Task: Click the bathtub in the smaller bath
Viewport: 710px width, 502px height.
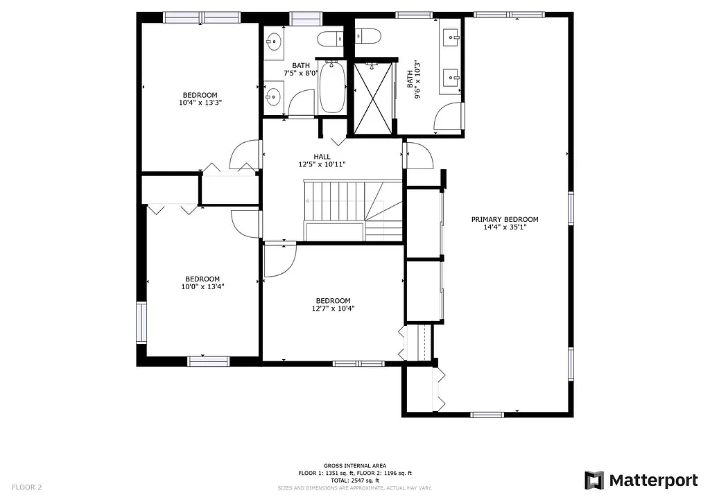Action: [x=333, y=87]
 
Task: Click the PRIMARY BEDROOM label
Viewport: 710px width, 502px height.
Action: [x=505, y=219]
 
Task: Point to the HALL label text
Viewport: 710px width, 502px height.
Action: [x=322, y=156]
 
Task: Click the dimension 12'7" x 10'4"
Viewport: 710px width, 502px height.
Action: [x=331, y=309]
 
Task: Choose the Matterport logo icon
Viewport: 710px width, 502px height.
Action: [x=594, y=480]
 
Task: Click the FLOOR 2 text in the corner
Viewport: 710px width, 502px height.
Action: [x=27, y=487]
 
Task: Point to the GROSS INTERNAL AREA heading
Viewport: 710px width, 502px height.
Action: [x=355, y=465]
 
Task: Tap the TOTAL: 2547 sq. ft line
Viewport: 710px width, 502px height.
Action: [x=355, y=481]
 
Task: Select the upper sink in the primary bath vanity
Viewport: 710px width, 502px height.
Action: [x=452, y=35]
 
